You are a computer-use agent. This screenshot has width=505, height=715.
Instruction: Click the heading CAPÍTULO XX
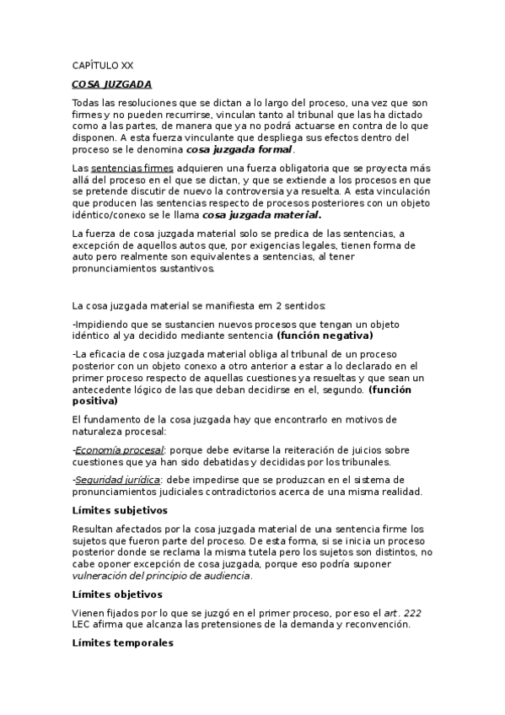tap(102, 64)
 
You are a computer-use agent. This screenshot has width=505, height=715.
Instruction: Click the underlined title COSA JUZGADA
tap(112, 84)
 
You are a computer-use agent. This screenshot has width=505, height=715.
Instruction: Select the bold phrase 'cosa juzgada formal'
tap(239, 149)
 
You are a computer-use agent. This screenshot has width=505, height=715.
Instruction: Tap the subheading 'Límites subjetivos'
tap(120, 510)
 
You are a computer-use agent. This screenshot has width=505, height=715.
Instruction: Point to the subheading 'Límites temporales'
tap(122, 642)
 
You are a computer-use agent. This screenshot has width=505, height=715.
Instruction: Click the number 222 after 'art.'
tap(415, 612)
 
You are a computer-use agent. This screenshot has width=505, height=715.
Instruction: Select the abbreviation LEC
tap(83, 625)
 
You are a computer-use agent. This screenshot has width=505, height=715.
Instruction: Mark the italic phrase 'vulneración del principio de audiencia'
tap(161, 576)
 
